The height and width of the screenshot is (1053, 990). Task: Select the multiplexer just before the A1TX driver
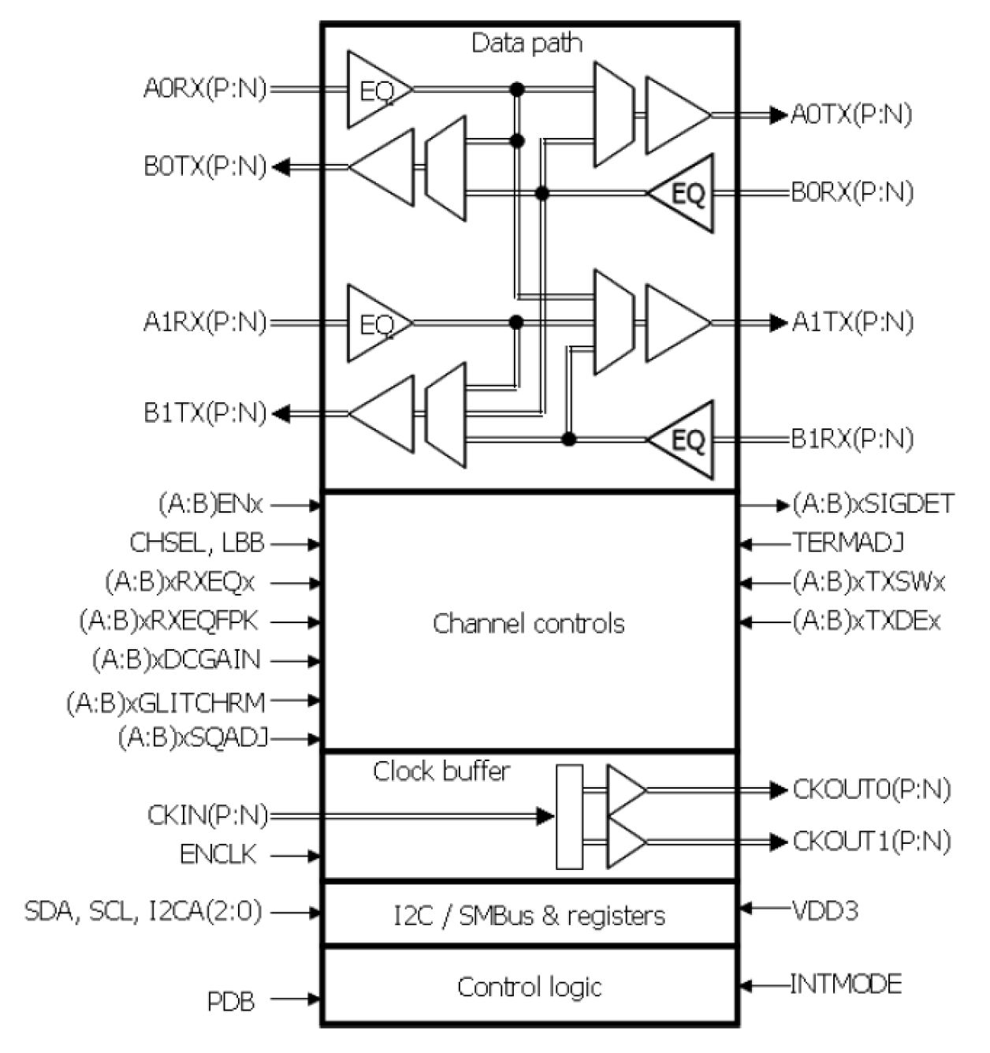point(612,322)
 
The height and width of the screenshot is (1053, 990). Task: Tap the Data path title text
point(527,43)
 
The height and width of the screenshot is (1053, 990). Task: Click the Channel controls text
point(528,624)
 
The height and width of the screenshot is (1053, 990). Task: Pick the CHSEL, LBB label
point(196,543)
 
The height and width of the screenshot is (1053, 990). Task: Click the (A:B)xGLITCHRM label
point(166,701)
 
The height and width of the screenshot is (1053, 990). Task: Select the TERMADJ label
point(847,543)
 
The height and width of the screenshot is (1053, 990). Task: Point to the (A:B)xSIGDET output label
point(873,504)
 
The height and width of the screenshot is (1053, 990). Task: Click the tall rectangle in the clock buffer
point(569,816)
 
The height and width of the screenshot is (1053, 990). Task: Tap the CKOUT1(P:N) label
point(872,842)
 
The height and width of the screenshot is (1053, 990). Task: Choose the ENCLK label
point(218,855)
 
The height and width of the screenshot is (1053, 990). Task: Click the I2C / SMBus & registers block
point(529,915)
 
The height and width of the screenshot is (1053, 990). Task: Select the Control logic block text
point(529,987)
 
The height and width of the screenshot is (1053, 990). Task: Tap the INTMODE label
point(846,984)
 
